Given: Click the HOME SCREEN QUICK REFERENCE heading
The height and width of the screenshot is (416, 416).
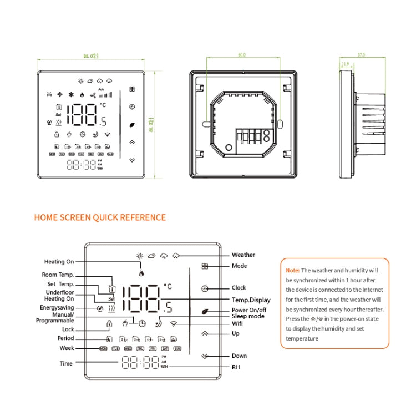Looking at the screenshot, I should pos(100,217).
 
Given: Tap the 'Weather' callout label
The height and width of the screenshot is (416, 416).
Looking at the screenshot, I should pos(243,255).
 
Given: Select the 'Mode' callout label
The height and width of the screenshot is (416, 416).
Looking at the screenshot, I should pos(239,266).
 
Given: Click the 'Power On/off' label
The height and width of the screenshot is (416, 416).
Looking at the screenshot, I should pos(249,310).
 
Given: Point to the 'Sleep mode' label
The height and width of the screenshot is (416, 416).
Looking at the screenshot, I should pos(248,316).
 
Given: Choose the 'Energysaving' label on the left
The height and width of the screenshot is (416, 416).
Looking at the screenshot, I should pos(57,307).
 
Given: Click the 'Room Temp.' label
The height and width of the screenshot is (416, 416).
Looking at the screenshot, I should pos(58,275).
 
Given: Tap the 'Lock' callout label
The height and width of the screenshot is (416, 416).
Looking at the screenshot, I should pos(68,329).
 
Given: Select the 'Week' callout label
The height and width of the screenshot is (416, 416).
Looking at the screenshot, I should pos(67,348).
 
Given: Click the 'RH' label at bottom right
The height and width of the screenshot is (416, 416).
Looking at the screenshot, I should pos(235,367).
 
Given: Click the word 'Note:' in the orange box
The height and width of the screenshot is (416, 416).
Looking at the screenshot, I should pos(292,271).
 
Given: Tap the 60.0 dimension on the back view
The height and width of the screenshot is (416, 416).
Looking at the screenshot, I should pos(242,55).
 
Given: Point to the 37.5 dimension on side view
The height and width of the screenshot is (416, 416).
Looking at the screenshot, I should pos(362,55).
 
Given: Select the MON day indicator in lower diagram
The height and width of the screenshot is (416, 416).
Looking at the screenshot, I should pos(103,349).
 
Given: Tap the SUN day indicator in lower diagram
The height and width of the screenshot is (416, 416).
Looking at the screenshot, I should pos(177,349).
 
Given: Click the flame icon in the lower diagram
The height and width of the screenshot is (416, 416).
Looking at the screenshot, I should pos(141,273).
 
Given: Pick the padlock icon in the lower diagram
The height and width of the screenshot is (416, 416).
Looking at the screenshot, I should pos(109,323).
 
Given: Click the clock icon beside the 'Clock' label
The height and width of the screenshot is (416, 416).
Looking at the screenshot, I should pos(205,288).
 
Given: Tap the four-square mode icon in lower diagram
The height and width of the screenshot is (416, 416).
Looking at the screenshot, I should pos(205,266).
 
